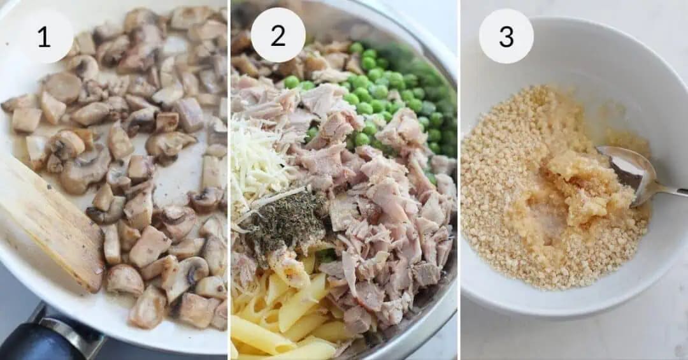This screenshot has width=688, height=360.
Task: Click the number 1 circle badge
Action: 43,36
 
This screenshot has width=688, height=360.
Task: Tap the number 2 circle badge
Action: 278,35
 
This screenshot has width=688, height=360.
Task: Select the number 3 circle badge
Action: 506,36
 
